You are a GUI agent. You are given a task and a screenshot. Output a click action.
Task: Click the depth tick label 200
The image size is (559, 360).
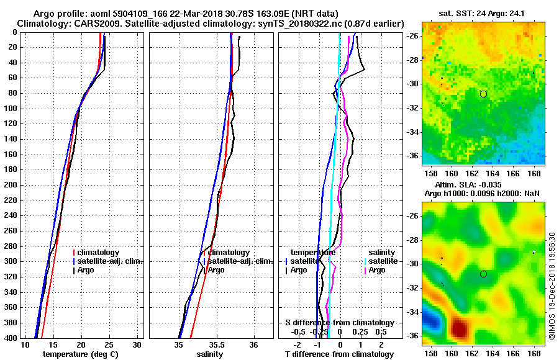(10, 185)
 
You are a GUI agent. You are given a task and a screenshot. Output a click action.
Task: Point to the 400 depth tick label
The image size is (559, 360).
(10, 338)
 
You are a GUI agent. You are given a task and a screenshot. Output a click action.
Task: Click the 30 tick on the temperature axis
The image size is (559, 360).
(138, 344)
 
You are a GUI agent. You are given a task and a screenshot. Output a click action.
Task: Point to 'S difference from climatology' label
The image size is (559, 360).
(339, 323)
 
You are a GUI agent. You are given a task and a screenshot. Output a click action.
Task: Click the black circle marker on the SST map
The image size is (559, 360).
(483, 94)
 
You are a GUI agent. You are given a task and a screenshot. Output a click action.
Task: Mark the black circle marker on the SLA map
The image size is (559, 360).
(483, 274)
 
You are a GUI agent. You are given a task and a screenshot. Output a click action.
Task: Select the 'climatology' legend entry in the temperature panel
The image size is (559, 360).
(101, 253)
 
